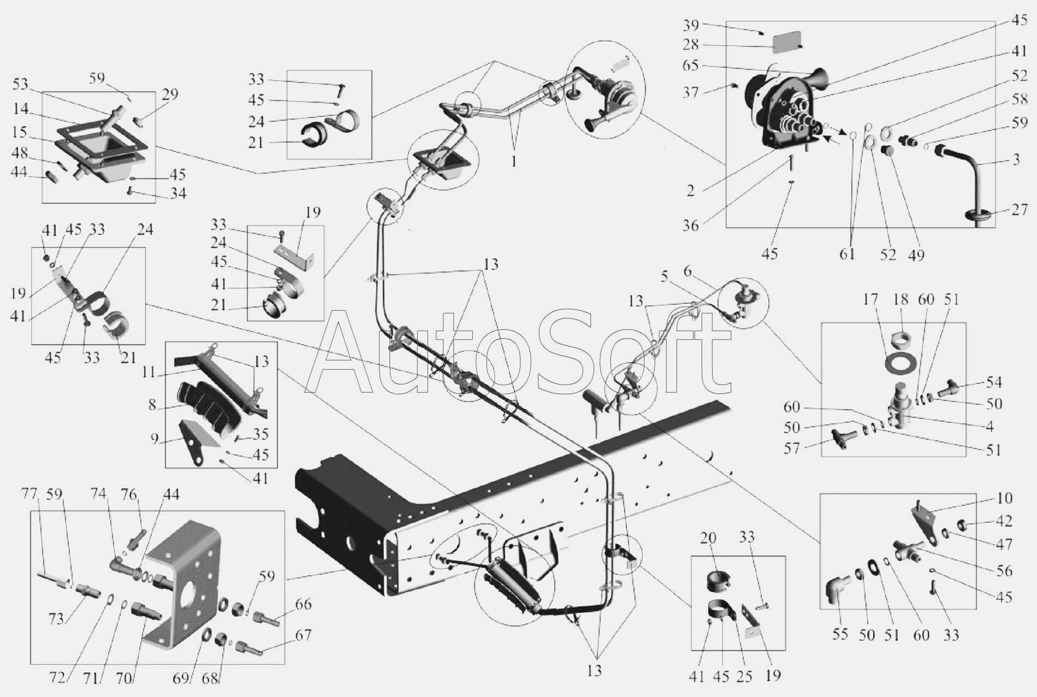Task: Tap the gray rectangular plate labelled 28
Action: [x=787, y=42]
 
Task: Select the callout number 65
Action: [x=691, y=66]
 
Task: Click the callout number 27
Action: [x=1019, y=210]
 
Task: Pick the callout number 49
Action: [x=917, y=253]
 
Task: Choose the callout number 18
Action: [x=901, y=299]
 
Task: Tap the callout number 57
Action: [x=791, y=448]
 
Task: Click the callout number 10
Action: [x=1004, y=498]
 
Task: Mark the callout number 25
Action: [x=744, y=676]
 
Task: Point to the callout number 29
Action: [x=170, y=94]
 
